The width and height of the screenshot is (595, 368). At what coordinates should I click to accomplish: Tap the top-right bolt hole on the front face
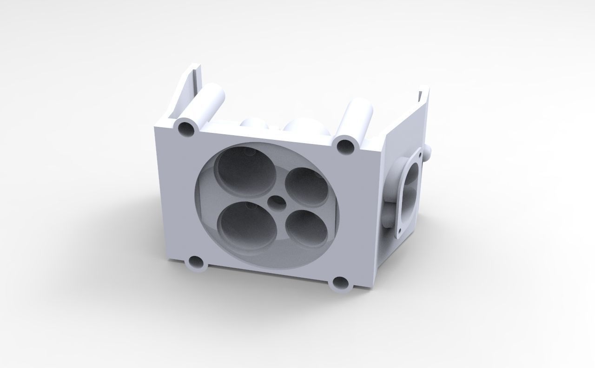point(346,146)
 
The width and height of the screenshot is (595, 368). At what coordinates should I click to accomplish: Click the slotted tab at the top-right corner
point(422,95)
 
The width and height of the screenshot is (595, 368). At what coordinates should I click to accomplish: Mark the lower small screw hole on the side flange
point(399,231)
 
